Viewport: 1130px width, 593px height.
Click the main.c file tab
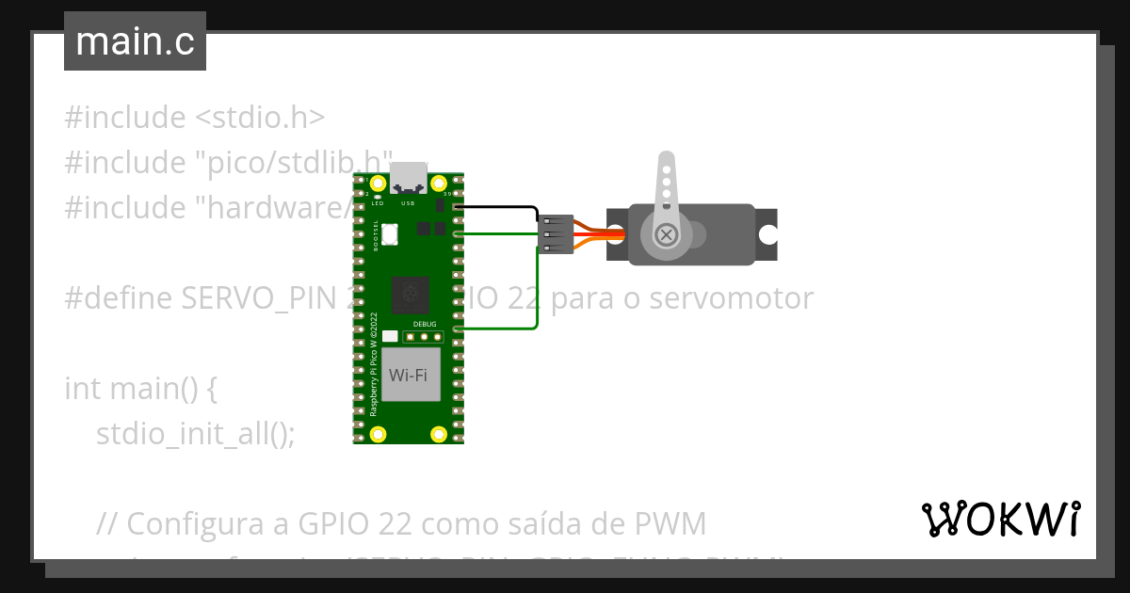coord(135,41)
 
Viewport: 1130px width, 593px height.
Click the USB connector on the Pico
coord(408,175)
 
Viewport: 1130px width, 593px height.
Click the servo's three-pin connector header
coord(556,233)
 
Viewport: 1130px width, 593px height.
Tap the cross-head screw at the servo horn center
coord(667,233)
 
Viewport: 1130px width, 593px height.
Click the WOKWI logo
coord(1000,519)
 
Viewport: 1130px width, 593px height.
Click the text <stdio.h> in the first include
coord(260,118)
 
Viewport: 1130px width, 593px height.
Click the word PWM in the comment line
coord(670,522)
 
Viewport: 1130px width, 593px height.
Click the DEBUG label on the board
coord(425,323)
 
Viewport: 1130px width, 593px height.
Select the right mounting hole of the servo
coord(769,233)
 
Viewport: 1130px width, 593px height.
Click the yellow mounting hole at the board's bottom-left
coord(379,434)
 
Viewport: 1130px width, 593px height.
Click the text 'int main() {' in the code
coord(141,388)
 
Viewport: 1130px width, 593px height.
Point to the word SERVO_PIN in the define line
coord(254,298)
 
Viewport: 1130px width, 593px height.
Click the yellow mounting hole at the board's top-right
coord(438,182)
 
